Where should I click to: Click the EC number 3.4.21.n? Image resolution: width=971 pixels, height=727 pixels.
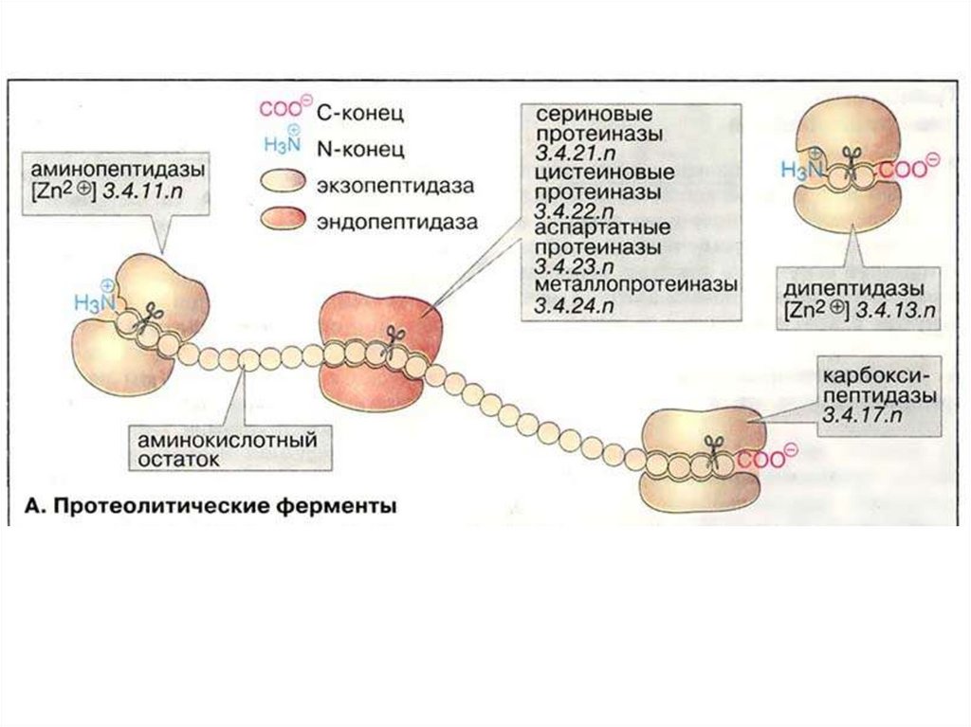(574, 154)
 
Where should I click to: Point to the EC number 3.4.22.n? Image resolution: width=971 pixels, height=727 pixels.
(574, 210)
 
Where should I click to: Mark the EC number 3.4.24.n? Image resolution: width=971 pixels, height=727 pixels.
(574, 304)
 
